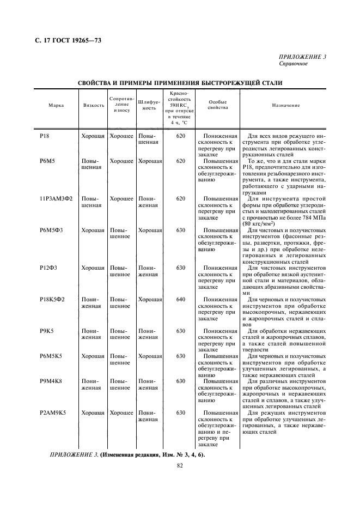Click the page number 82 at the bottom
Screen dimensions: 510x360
coord(180,466)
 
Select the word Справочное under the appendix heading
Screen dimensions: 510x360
coord(294,64)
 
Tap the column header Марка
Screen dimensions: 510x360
coord(56,105)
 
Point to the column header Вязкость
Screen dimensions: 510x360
coord(94,105)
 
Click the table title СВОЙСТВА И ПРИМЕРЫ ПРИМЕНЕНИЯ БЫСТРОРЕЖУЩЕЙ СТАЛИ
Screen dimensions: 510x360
coord(180,83)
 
